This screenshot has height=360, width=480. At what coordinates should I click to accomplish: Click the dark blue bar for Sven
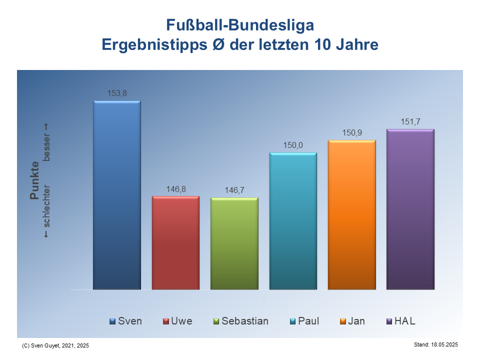pyautogui.click(x=117, y=195)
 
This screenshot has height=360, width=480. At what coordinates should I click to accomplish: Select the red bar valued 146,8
pyautogui.click(x=175, y=242)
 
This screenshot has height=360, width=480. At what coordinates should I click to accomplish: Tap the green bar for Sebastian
pyautogui.click(x=234, y=243)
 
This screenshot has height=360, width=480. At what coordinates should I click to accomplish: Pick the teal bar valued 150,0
pyautogui.click(x=293, y=221)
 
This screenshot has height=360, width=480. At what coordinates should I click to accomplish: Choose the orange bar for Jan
pyautogui.click(x=351, y=214)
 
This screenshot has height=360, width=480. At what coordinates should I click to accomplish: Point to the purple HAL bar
pyautogui.click(x=410, y=209)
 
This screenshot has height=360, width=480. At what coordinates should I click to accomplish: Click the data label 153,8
pyautogui.click(x=117, y=92)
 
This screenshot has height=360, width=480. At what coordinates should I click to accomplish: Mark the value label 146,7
pyautogui.click(x=234, y=190)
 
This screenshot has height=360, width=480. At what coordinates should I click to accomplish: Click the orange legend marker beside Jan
pyautogui.click(x=343, y=321)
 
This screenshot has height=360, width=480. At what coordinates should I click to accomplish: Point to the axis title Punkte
pyautogui.click(x=34, y=180)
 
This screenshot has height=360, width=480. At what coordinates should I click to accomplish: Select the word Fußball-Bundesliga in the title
pyautogui.click(x=240, y=25)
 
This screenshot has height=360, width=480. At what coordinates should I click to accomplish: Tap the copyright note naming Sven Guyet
pyautogui.click(x=55, y=345)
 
